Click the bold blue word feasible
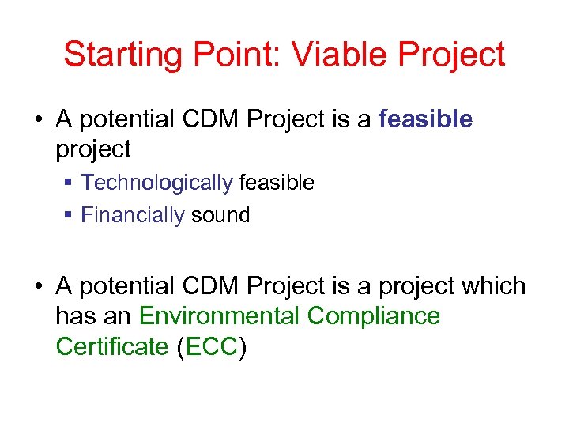point(426,119)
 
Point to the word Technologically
point(156,183)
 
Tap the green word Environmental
point(219,316)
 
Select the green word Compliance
point(373,316)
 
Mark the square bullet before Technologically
point(70,183)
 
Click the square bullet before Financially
point(70,216)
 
